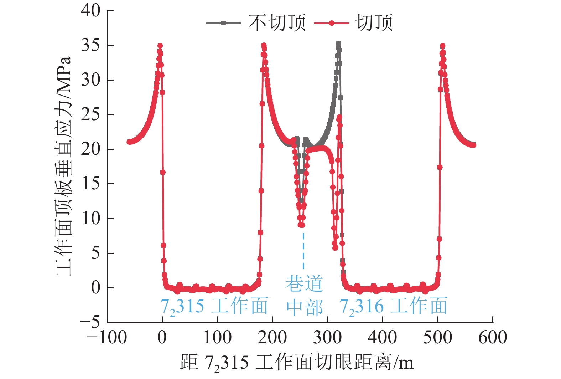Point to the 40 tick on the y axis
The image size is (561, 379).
point(91,11)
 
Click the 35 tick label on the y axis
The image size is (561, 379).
point(91,45)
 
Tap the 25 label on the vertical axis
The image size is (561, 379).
point(91,114)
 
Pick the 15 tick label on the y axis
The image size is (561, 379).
point(91,184)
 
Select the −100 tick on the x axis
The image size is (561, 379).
point(107,337)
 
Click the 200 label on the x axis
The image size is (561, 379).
point(272,337)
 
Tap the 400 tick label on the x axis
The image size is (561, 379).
point(383,337)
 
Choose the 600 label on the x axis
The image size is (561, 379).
point(493,337)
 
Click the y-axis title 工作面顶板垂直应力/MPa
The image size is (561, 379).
point(64,166)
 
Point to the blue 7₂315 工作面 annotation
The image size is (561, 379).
point(214,306)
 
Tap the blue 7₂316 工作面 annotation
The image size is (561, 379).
point(393,306)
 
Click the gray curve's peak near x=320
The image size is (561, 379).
point(338,44)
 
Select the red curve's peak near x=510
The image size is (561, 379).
point(442,46)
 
